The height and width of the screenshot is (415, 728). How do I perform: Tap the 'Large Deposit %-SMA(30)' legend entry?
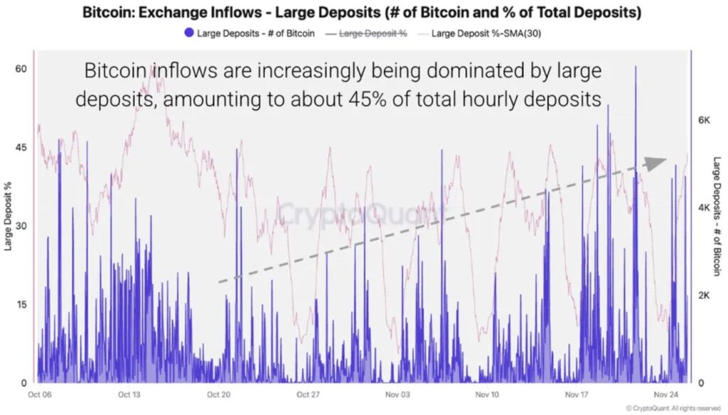point(483,33)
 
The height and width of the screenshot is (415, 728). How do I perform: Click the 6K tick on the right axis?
point(705,120)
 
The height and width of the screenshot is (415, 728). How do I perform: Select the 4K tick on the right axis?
point(705,207)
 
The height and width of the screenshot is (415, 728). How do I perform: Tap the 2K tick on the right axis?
point(705,295)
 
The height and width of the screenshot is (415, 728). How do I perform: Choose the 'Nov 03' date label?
point(398,394)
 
